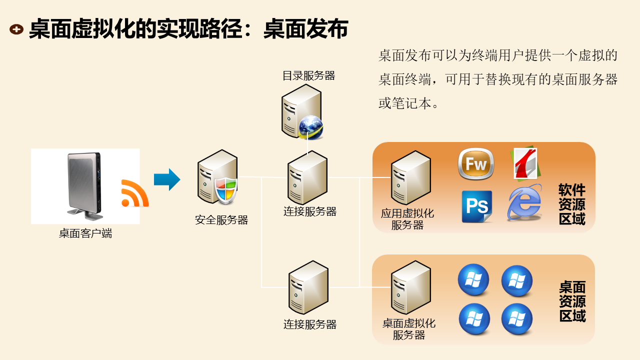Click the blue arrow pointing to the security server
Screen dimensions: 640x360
166,179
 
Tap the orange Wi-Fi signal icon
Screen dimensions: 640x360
134,193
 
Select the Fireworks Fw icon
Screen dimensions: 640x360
476,164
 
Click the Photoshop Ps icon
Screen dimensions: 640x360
476,206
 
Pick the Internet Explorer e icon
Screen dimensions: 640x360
524,203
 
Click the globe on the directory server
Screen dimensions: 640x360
310,127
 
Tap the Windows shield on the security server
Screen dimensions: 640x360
225,190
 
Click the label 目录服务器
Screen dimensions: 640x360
308,76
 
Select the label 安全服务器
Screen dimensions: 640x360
221,220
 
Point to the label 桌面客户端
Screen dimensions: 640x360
85,233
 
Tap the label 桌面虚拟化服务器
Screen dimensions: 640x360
409,329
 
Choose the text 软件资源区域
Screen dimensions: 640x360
572,204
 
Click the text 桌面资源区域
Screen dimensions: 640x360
572,301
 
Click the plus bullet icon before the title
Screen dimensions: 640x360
16,29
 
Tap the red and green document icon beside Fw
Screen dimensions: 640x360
525,163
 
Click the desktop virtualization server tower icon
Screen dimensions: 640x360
410,287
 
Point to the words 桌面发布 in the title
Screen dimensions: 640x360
305,29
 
